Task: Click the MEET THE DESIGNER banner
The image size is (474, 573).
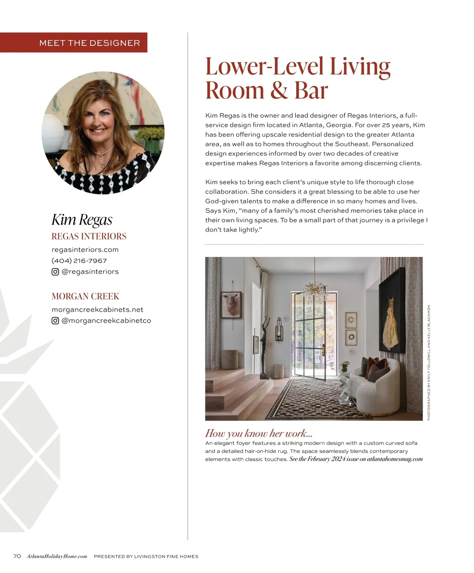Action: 90,43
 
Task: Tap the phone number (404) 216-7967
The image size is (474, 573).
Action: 79,261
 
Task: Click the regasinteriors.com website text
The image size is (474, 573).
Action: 85,250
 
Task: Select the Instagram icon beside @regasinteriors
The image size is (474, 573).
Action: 55,272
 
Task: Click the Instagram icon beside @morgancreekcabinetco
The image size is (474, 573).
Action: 55,321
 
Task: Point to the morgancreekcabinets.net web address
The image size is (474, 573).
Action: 97,310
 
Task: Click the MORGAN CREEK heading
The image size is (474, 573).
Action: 85,296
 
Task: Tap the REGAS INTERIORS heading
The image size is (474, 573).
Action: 89,236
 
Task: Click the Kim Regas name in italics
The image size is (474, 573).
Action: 82,220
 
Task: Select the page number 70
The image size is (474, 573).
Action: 17,556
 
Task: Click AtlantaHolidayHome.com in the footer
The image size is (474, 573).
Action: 57,556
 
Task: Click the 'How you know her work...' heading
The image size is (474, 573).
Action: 259,434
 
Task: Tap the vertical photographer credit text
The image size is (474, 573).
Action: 429,362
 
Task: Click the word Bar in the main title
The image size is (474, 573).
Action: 311,91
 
